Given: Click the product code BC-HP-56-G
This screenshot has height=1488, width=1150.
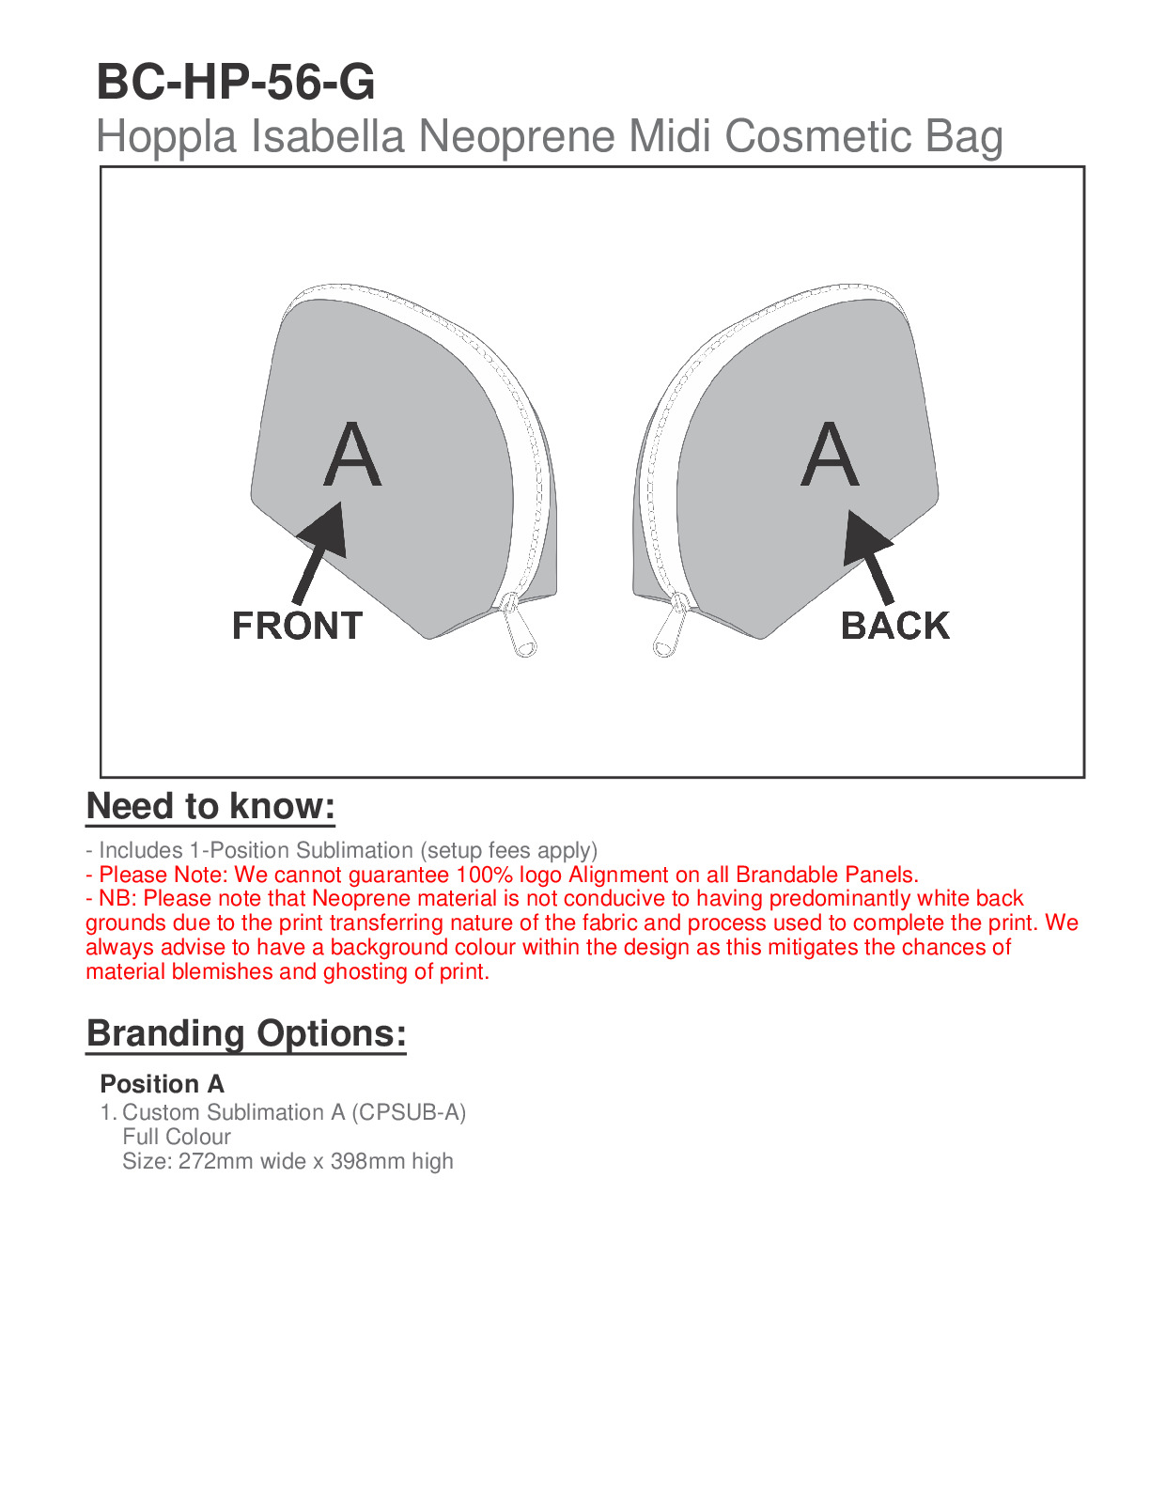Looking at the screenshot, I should [x=236, y=83].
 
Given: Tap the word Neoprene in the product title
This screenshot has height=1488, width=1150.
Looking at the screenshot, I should [x=519, y=136].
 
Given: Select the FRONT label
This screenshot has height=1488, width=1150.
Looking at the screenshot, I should [x=297, y=626].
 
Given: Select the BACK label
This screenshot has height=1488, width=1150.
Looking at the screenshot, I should [x=894, y=626].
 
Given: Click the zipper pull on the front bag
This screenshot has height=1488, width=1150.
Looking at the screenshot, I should [x=520, y=629].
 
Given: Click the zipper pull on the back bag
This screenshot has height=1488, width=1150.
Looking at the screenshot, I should [x=668, y=629].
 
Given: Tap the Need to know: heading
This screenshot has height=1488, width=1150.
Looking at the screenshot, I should [x=210, y=807].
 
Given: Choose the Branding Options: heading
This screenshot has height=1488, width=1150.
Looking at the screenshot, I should [x=246, y=1033].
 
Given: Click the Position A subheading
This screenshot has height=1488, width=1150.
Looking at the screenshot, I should [x=162, y=1084].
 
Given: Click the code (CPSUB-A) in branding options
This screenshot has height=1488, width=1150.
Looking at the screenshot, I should [x=409, y=1112].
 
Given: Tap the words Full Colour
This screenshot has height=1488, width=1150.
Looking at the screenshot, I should [x=177, y=1137].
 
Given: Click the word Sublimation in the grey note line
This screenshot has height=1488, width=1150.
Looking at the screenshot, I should [x=354, y=850].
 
